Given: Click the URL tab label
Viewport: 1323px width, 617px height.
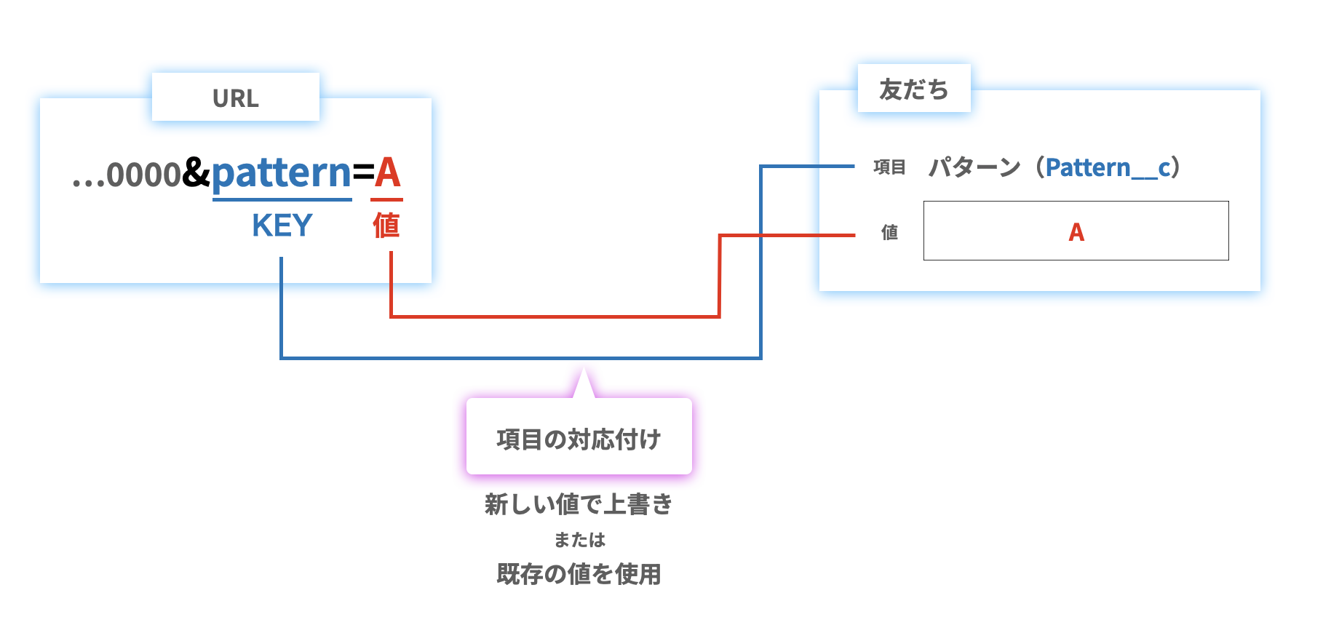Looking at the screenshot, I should click(x=235, y=98).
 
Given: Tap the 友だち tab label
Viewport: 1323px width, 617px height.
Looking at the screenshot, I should click(x=913, y=89).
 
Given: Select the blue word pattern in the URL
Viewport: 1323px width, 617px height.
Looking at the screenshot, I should click(x=282, y=173).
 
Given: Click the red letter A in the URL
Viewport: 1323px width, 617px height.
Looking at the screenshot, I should click(x=386, y=173).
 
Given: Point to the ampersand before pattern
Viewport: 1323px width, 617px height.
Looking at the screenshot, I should click(x=196, y=173).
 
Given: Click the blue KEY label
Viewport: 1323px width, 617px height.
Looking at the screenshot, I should click(x=282, y=226).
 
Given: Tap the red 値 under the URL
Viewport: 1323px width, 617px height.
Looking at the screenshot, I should click(x=386, y=226).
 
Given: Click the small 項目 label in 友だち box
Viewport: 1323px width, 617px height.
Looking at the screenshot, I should click(x=889, y=167).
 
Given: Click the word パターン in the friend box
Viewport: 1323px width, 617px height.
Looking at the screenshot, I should click(x=974, y=167).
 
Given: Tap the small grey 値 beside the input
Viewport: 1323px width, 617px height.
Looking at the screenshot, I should click(x=889, y=232).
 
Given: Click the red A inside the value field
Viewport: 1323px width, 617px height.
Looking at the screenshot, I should click(x=1076, y=232).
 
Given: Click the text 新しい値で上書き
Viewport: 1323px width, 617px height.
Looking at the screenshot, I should click(x=579, y=503).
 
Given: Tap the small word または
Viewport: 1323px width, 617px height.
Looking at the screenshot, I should click(x=579, y=540).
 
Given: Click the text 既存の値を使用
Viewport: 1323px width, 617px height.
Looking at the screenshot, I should click(x=579, y=574).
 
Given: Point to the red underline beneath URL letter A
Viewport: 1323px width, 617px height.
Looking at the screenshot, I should click(x=386, y=199).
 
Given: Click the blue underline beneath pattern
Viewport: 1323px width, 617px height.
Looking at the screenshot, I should click(x=282, y=199).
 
